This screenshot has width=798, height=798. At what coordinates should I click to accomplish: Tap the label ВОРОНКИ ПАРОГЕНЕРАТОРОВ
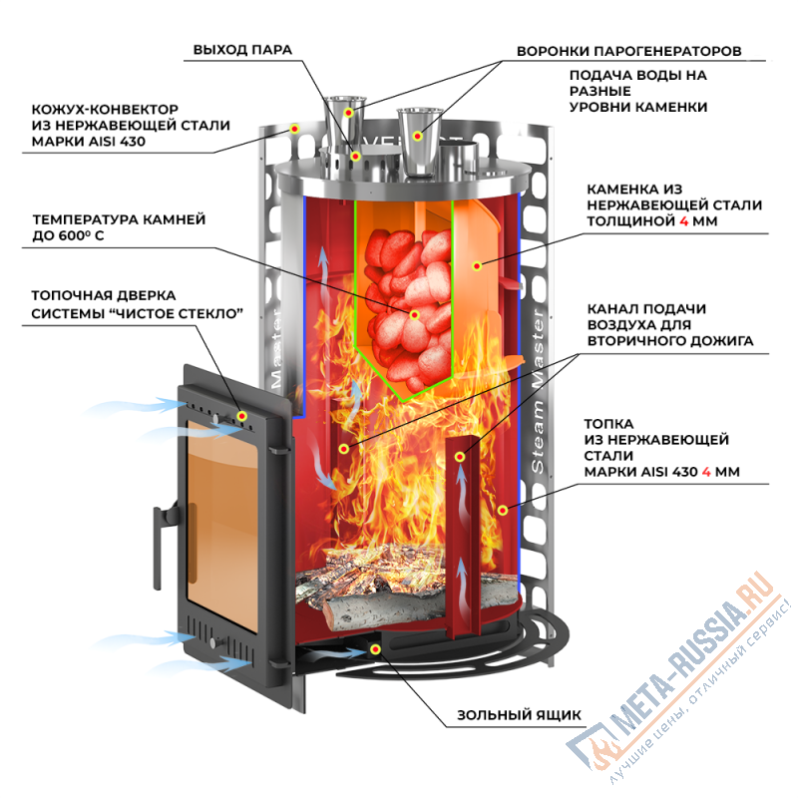click(628, 50)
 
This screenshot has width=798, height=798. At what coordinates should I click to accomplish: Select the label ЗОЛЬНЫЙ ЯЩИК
click(519, 714)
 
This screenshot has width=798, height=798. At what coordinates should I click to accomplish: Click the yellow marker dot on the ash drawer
click(374, 649)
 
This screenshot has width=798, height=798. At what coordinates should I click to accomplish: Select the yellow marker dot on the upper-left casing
click(294, 129)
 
